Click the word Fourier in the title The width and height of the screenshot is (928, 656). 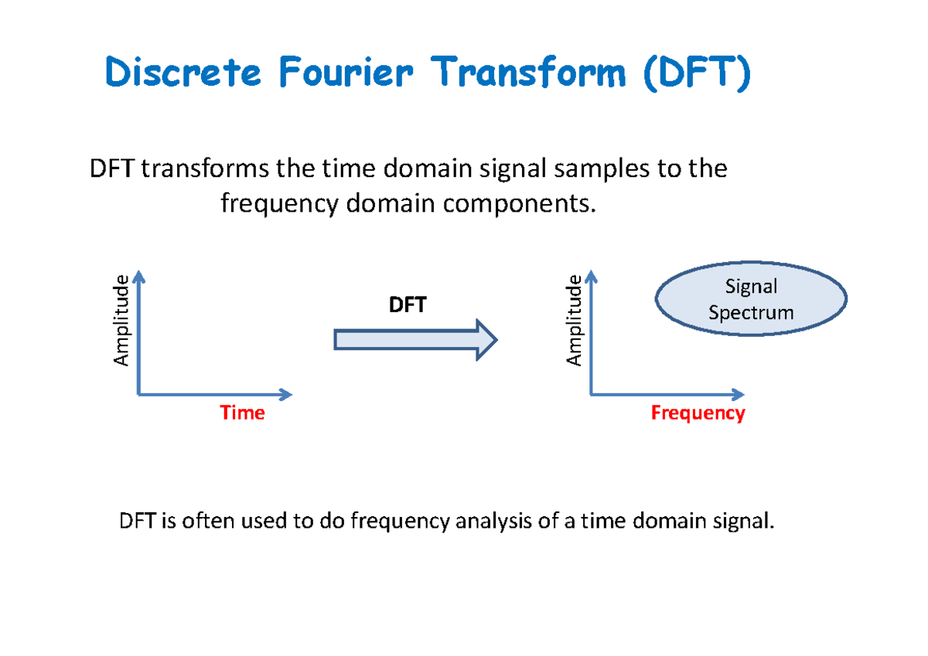click(x=346, y=72)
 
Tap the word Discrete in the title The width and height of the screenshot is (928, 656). click(x=183, y=72)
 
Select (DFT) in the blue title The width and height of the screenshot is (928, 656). click(x=697, y=73)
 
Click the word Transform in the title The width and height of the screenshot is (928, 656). click(x=528, y=72)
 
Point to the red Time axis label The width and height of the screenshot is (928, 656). click(x=242, y=413)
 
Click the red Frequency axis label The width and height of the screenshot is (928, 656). click(x=698, y=413)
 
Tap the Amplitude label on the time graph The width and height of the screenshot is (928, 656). click(x=121, y=321)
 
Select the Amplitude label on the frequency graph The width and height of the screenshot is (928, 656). click(x=574, y=321)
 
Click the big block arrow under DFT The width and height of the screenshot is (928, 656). click(x=415, y=340)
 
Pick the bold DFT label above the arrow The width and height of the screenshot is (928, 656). click(x=408, y=305)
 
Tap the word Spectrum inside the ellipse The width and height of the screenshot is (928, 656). click(x=751, y=313)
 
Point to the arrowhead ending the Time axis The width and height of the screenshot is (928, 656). click(x=286, y=394)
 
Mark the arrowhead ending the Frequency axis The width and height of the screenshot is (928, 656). click(x=739, y=394)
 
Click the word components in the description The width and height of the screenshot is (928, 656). click(x=520, y=205)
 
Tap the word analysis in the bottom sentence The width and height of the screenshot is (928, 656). click(x=493, y=521)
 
